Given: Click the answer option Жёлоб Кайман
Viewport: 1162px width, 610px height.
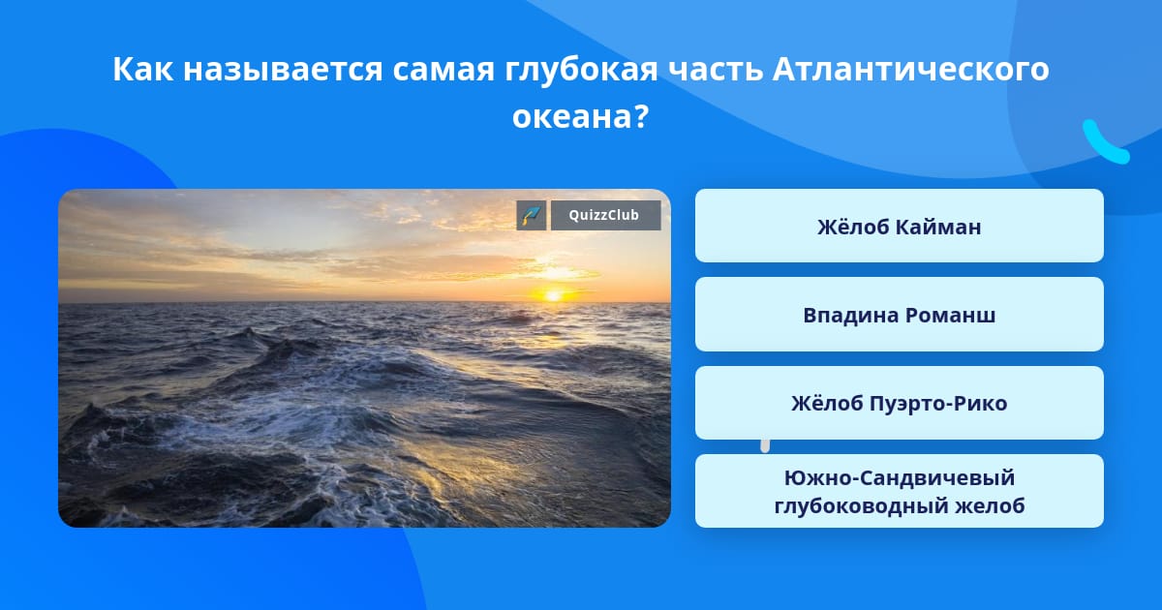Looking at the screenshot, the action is tap(899, 226).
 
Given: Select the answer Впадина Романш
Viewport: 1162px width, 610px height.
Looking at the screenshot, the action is tap(899, 315).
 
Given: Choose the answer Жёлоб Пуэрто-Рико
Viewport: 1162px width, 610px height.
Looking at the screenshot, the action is tap(899, 403).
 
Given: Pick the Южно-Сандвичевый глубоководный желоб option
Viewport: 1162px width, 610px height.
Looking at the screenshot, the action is tap(899, 491).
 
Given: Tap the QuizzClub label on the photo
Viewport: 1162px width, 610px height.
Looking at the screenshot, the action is tap(605, 215).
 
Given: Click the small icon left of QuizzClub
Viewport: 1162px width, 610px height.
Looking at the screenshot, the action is tap(532, 215).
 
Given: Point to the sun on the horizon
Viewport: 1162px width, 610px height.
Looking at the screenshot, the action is tap(553, 295).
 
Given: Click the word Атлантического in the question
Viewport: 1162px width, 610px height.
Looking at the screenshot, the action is tap(910, 69).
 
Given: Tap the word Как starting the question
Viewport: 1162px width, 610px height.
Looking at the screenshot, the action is tap(143, 69).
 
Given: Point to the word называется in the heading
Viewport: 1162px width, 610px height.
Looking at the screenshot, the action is tap(283, 70).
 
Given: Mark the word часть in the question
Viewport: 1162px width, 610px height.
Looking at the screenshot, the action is tap(716, 70).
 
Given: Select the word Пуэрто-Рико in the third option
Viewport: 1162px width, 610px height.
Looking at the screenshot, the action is tap(938, 404).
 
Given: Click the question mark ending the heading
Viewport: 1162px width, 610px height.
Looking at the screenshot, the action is tap(641, 117).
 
